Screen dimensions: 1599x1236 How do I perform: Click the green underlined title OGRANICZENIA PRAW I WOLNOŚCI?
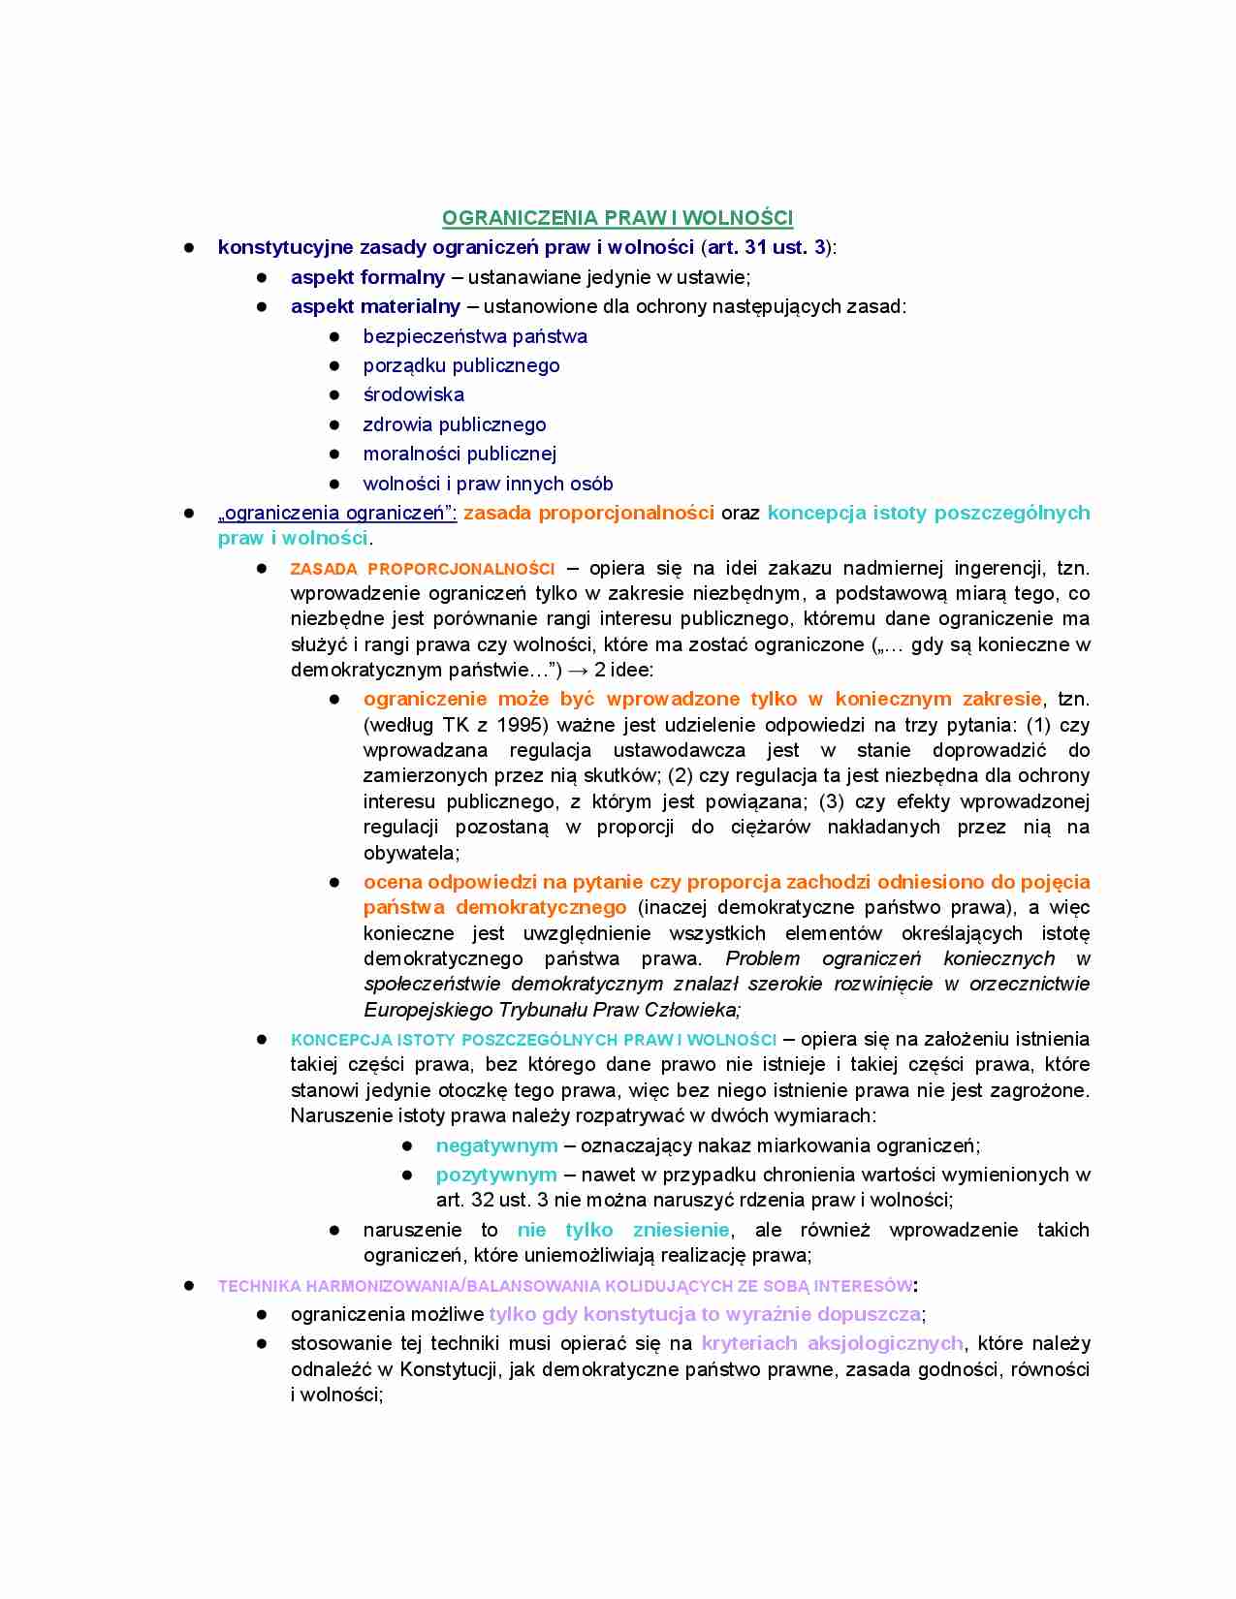tap(618, 218)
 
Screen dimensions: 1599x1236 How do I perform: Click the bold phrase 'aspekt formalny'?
tap(367, 277)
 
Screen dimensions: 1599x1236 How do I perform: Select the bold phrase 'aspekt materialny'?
tap(375, 306)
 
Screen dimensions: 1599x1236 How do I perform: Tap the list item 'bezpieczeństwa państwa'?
tap(475, 336)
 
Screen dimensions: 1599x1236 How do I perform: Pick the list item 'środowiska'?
tap(413, 394)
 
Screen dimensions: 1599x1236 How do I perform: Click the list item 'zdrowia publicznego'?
tap(454, 424)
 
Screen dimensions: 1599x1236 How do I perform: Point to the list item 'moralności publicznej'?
tap(460, 454)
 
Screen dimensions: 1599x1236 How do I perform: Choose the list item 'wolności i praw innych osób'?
tap(488, 484)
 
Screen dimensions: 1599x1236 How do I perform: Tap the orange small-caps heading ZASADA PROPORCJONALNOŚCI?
tap(423, 569)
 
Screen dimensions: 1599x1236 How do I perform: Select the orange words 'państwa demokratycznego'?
tap(494, 907)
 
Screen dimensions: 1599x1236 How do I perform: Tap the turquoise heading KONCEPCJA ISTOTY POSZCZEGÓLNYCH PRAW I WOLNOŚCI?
tap(533, 1040)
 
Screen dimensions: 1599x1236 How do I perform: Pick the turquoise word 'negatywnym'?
tap(496, 1145)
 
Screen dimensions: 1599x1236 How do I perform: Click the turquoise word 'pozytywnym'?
tap(496, 1175)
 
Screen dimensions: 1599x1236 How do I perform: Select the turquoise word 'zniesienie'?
tap(681, 1230)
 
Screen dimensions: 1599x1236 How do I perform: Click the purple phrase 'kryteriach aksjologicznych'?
tap(832, 1343)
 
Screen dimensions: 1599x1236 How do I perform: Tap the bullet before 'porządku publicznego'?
tap(334, 366)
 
